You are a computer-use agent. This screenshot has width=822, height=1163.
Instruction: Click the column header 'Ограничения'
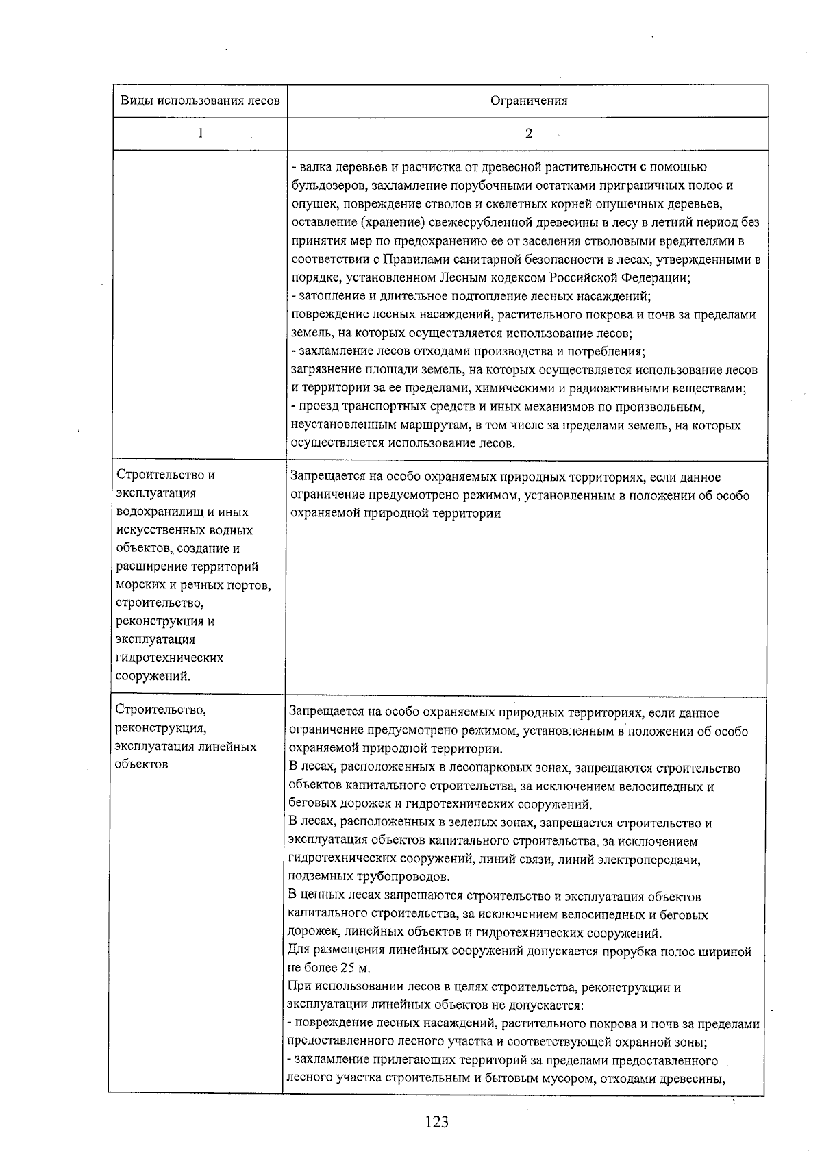point(528,101)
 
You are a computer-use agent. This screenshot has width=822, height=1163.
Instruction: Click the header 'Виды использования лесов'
point(200,101)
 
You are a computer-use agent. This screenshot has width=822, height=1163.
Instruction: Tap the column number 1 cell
point(200,134)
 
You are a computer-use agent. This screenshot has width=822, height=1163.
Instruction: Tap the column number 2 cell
point(528,134)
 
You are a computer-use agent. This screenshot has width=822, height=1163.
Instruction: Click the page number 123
point(436,1121)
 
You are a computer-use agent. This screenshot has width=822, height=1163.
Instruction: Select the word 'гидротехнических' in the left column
point(170,658)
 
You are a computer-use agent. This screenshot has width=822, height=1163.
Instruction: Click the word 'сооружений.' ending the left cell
point(153,677)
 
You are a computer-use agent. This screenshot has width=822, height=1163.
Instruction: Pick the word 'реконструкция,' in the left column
point(161,728)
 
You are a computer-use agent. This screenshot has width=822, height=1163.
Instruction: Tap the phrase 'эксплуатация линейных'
point(186,747)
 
